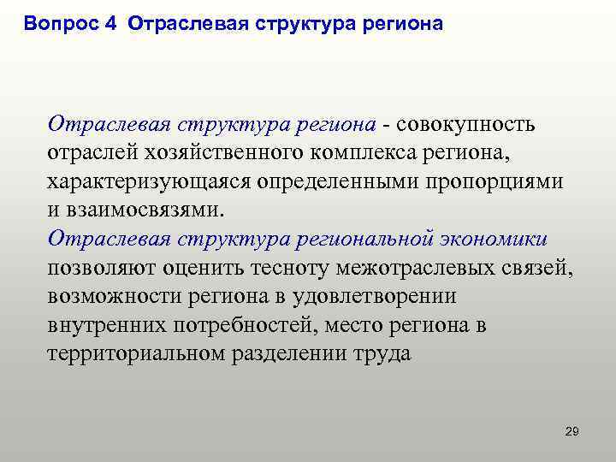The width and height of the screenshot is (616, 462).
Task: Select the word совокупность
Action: coord(465,125)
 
